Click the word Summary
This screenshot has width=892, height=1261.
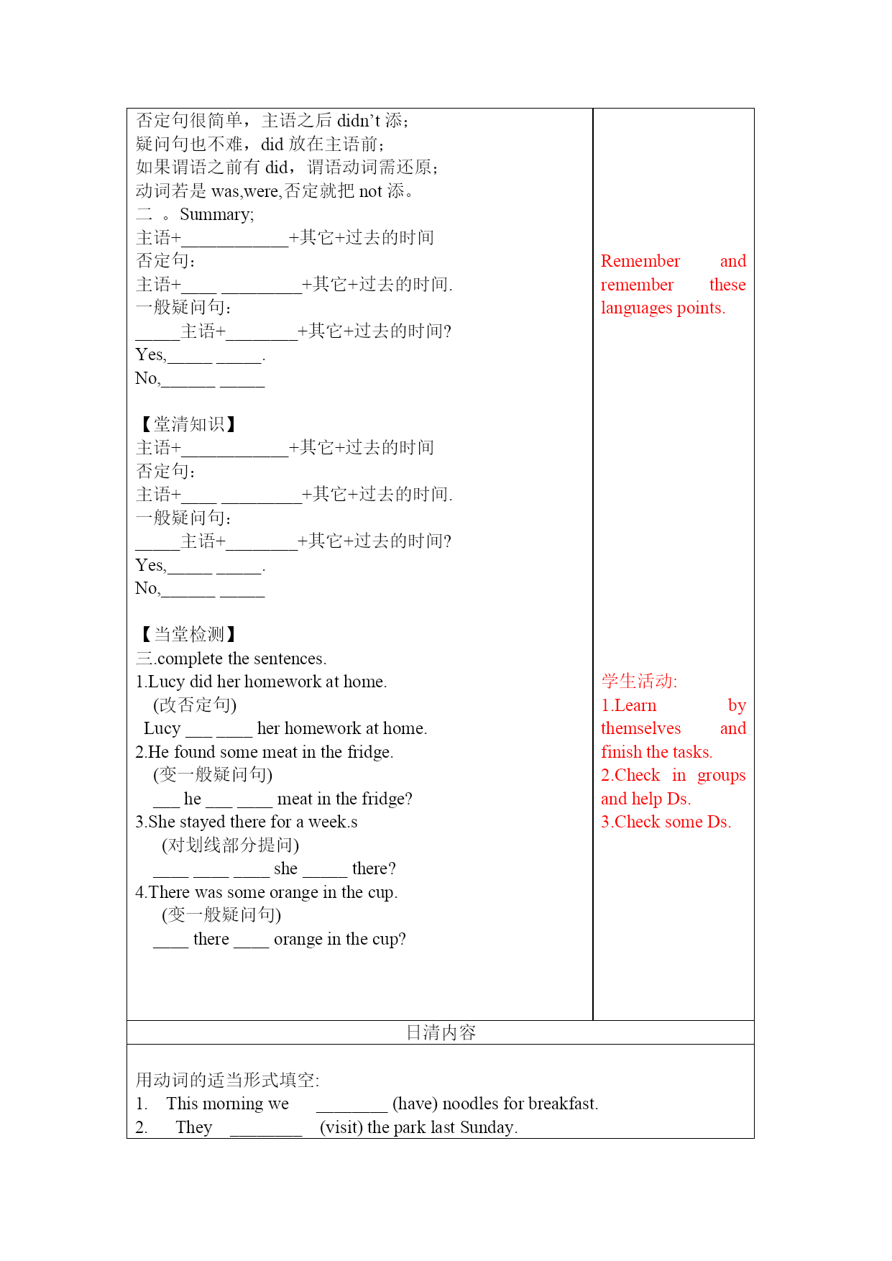[216, 215]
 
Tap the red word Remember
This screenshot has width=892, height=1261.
[640, 261]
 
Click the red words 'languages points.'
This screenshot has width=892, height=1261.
[663, 308]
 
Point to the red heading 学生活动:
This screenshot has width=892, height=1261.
[639, 681]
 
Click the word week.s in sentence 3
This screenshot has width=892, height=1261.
[333, 822]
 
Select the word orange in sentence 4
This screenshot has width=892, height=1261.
[293, 892]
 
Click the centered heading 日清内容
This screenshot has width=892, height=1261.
[441, 1032]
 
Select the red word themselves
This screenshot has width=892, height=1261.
[640, 728]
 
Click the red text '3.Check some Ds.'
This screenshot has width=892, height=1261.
[666, 822]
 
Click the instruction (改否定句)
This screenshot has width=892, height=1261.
[195, 705]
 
